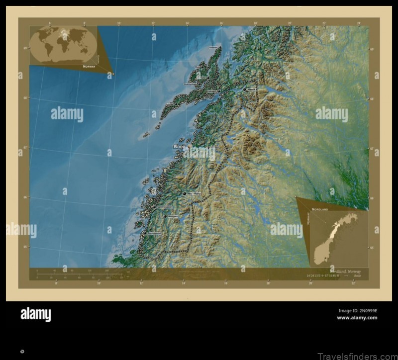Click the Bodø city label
(178, 147)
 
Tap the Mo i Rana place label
(194, 193)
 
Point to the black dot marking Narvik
(244, 89)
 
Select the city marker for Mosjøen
(165, 216)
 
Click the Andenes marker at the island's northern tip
(220, 48)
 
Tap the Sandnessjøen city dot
(154, 206)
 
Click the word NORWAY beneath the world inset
(89, 66)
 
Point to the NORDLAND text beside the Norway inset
(320, 210)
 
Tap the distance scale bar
(80, 273)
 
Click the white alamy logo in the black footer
(35, 314)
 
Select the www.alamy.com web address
(357, 318)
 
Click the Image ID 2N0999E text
(357, 311)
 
